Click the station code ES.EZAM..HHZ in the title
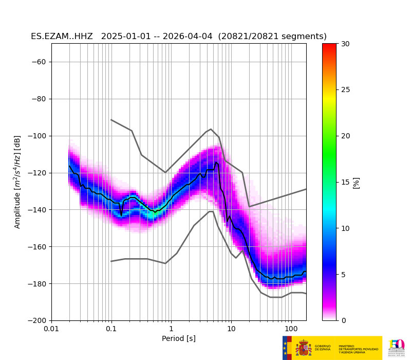[x=62, y=37]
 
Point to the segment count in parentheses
[x=272, y=37]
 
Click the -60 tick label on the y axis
[x=40, y=62]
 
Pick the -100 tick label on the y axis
[x=38, y=136]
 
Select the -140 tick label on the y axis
[x=38, y=210]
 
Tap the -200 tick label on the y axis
[x=38, y=320]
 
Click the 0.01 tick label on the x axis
[x=51, y=329]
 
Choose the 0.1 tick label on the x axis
[x=111, y=329]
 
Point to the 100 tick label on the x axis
[x=291, y=329]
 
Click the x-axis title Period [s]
[x=178, y=338]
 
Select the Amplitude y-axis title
[x=17, y=182]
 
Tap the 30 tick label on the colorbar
[x=345, y=44]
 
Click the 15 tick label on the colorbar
[x=345, y=182]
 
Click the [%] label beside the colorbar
[x=356, y=182]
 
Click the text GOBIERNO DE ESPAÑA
[x=323, y=348]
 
